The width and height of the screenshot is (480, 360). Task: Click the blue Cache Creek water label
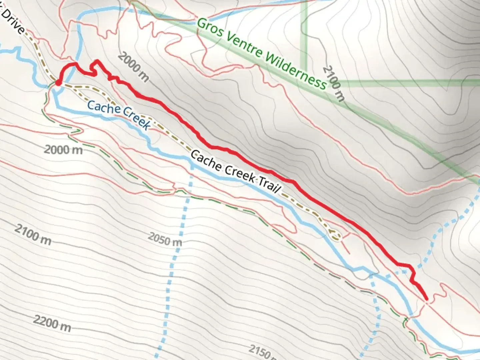119,115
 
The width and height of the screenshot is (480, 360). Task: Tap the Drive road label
13,21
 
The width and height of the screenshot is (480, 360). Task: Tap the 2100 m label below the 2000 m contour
33,235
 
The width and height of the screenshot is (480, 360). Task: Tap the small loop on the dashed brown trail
335,235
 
